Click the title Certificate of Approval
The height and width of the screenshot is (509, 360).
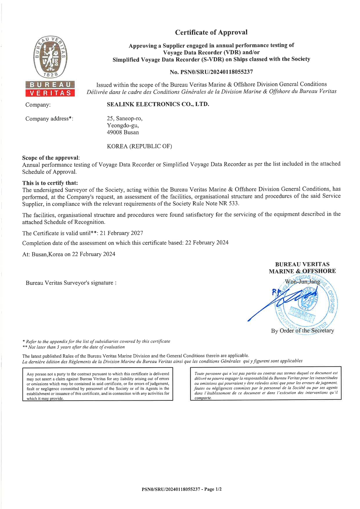tap(211, 32)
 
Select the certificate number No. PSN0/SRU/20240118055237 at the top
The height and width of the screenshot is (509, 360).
tap(211, 72)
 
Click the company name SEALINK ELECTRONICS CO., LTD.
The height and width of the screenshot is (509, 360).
tap(158, 104)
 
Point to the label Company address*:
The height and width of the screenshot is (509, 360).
tap(49, 119)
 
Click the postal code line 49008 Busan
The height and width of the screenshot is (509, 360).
tap(123, 132)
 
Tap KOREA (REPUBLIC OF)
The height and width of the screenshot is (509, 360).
tap(139, 146)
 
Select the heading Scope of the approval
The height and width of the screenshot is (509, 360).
tap(51, 158)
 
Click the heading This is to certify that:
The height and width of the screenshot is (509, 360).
tap(50, 183)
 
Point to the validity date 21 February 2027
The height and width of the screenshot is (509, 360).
tap(121, 233)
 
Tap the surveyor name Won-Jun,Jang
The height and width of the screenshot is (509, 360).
tap(302, 282)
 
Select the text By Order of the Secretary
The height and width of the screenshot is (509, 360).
tap(302, 330)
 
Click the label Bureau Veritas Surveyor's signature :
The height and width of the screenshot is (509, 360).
tap(71, 283)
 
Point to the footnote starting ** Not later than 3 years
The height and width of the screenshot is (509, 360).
tap(73, 347)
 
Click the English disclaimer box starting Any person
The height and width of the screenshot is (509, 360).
tap(98, 384)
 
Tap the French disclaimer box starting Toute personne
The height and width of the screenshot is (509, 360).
tap(266, 383)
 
